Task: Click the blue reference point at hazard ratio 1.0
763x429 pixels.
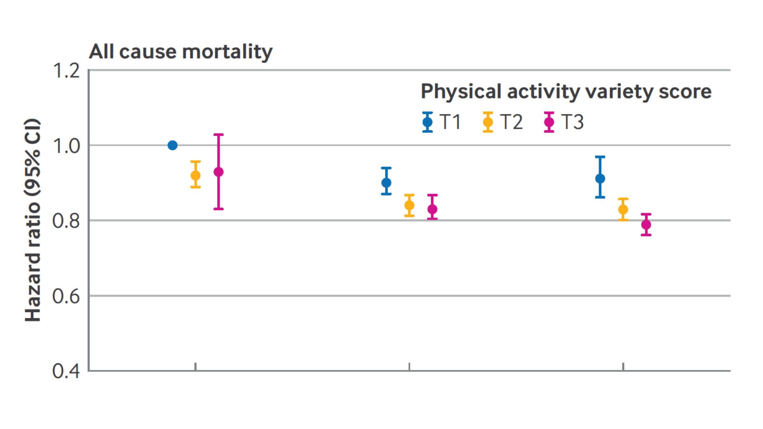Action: (172, 145)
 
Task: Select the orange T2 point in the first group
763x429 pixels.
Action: (195, 175)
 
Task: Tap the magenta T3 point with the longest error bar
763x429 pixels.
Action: (218, 172)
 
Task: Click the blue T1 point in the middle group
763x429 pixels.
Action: (386, 183)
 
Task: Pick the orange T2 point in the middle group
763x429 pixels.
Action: (409, 205)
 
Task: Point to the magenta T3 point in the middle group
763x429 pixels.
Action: (432, 209)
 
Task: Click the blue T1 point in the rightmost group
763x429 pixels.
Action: (600, 179)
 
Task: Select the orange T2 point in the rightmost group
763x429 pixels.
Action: (623, 209)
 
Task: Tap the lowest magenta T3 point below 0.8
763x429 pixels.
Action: (646, 225)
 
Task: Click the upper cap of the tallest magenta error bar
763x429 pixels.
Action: (218, 135)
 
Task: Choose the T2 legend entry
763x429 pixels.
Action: (502, 122)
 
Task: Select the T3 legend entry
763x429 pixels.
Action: (564, 122)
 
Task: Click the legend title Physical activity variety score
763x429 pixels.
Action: (566, 92)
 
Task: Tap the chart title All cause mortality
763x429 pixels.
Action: (181, 51)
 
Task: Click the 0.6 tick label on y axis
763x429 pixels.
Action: (66, 296)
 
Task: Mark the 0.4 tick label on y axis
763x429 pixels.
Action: (66, 371)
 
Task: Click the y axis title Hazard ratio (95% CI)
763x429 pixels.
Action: (33, 220)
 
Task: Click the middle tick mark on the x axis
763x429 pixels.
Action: (409, 367)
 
